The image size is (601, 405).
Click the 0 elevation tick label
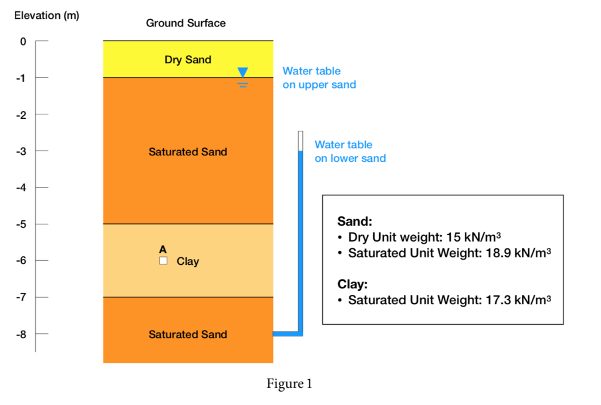pyautogui.click(x=23, y=42)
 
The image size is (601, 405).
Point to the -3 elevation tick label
pyautogui.click(x=21, y=151)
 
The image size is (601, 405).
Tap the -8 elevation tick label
pyautogui.click(x=21, y=334)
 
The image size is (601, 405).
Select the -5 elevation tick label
pyautogui.click(x=21, y=224)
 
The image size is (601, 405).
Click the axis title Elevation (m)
pyautogui.click(x=46, y=16)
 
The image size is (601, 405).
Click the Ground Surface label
pyautogui.click(x=185, y=23)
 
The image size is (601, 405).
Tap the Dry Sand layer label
pyautogui.click(x=187, y=60)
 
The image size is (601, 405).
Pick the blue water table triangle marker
pyautogui.click(x=242, y=72)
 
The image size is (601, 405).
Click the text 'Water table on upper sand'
pyautogui.click(x=319, y=78)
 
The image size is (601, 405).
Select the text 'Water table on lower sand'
pyautogui.click(x=350, y=151)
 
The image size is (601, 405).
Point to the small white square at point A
pyautogui.click(x=163, y=261)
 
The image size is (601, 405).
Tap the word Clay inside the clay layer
pyautogui.click(x=188, y=261)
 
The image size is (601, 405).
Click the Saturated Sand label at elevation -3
pyautogui.click(x=187, y=152)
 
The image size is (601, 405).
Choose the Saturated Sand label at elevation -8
pyautogui.click(x=187, y=335)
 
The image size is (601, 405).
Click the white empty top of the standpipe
pyautogui.click(x=300, y=141)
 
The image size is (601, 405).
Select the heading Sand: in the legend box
pyautogui.click(x=354, y=222)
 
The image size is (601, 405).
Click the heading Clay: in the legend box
pyautogui.click(x=352, y=285)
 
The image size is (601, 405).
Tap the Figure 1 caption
pyautogui.click(x=289, y=384)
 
